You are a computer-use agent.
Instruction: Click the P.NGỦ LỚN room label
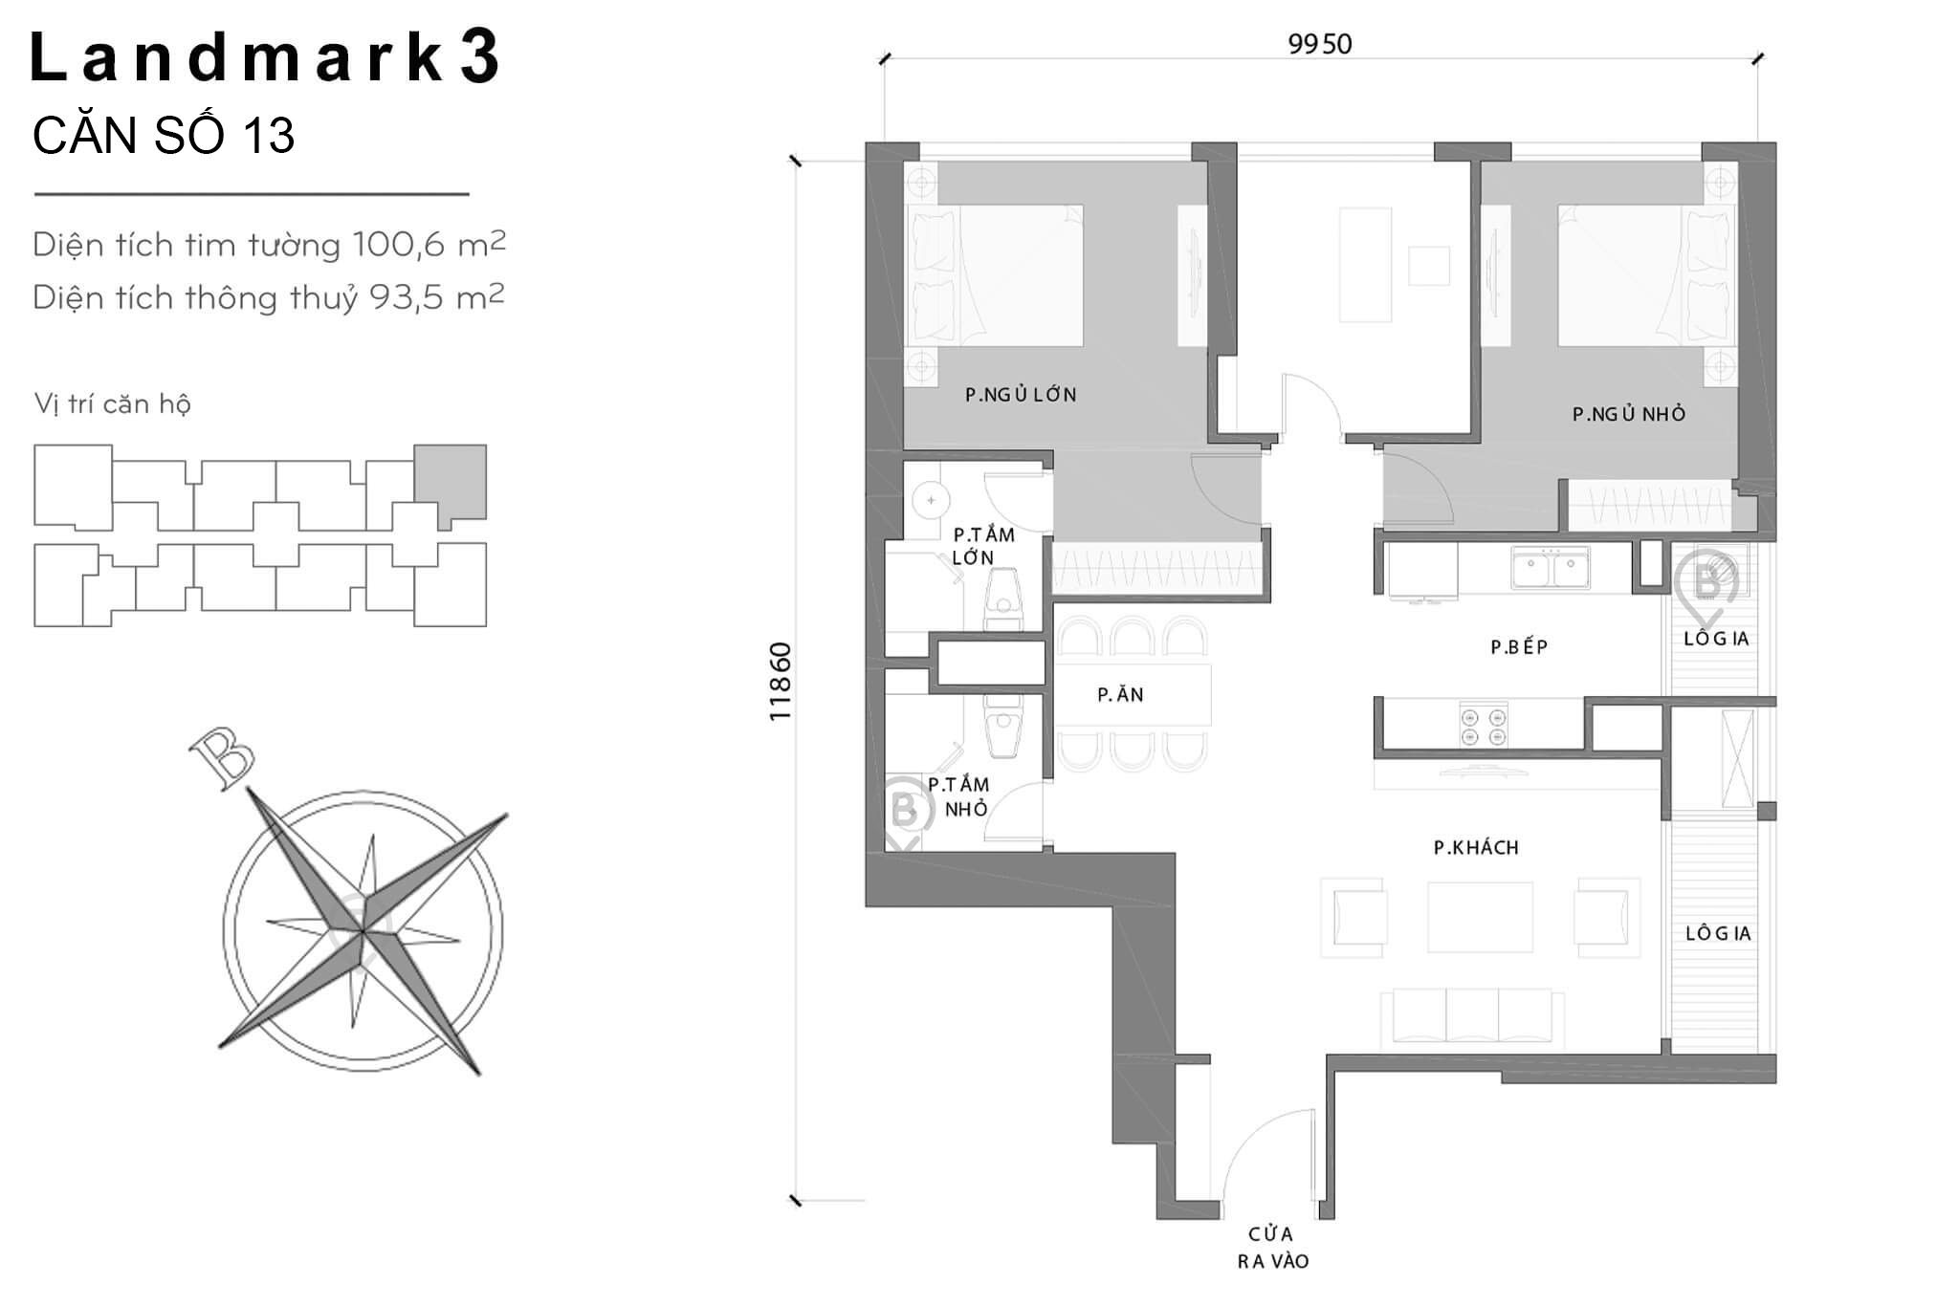pos(1021,394)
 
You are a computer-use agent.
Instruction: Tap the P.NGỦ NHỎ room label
pos(1629,414)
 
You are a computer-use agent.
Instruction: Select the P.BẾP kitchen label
pos(1519,647)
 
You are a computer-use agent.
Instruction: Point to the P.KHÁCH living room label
pos(1476,847)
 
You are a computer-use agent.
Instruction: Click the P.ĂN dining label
pos(1120,695)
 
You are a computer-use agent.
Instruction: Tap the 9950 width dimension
pos(1320,44)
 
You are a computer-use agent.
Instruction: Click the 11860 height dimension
pos(781,681)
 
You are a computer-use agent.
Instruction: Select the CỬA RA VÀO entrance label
pos(1272,1248)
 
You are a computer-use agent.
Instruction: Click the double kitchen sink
pos(1550,567)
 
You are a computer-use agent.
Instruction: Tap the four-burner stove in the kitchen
pos(1484,724)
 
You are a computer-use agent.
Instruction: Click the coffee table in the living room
pos(1480,917)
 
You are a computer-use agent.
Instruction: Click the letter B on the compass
pos(222,759)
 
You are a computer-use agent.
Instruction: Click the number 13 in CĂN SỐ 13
pos(268,135)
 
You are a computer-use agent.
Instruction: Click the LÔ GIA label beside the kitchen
pos(1716,639)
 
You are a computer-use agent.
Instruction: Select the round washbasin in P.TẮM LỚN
pos(930,499)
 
